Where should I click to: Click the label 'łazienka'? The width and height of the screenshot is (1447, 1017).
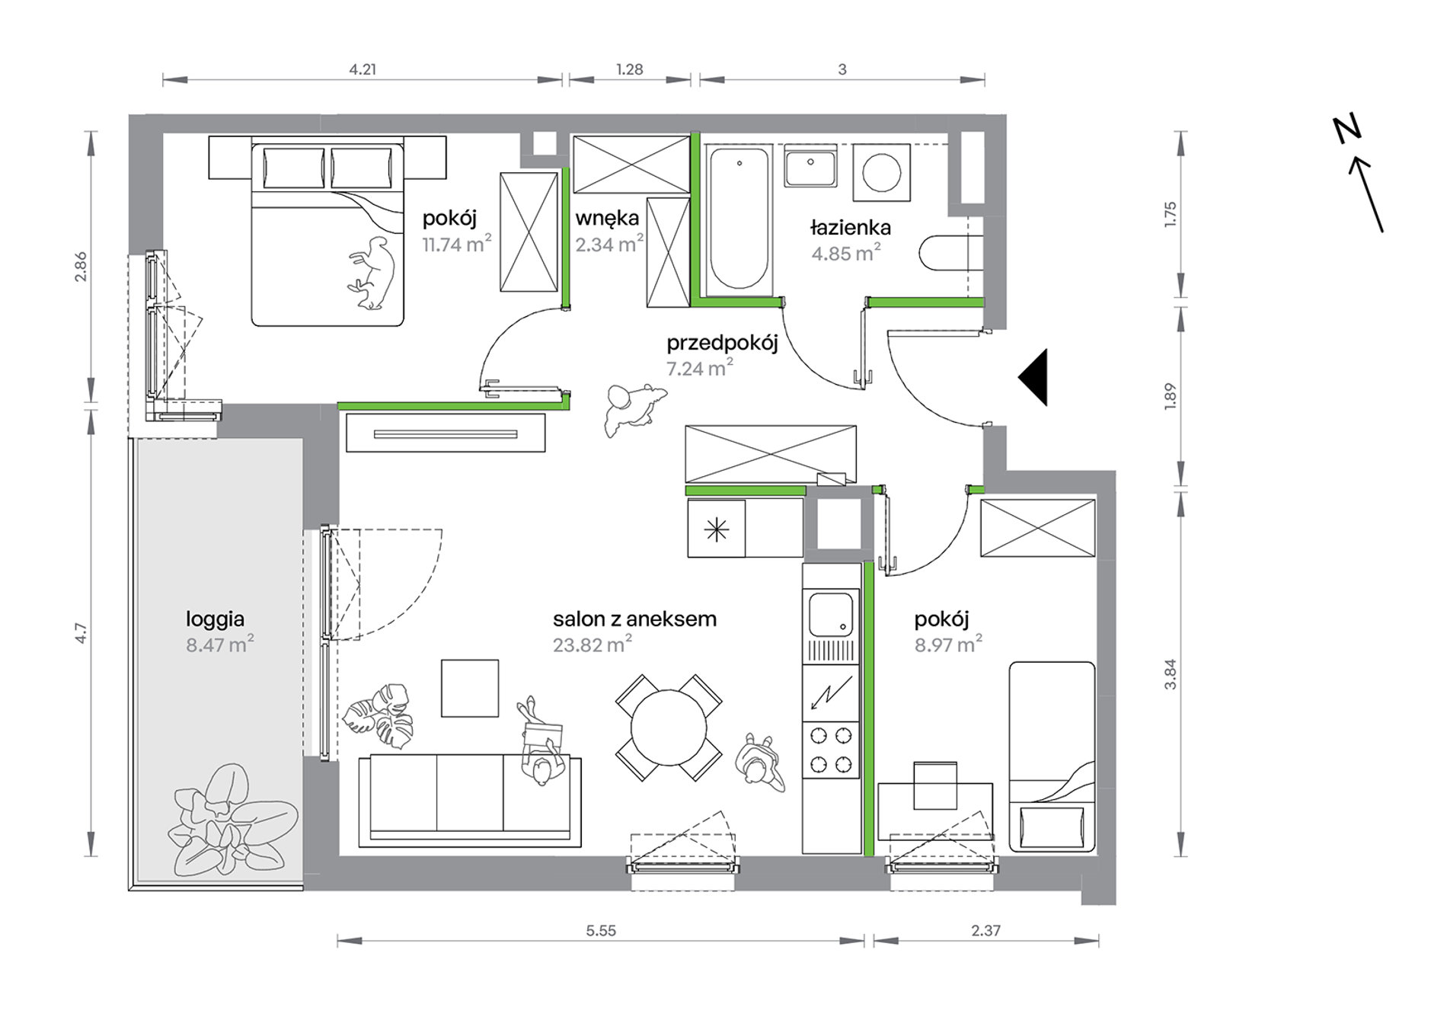(x=850, y=227)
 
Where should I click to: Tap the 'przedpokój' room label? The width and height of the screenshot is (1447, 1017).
(x=722, y=344)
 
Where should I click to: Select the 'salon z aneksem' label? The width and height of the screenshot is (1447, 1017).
(x=634, y=619)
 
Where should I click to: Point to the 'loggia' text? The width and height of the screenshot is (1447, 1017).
(x=215, y=620)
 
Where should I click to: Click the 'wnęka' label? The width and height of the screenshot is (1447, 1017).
(x=607, y=219)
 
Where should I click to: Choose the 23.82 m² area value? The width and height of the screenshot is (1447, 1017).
(x=593, y=645)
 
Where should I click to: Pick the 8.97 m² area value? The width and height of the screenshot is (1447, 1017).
(x=948, y=645)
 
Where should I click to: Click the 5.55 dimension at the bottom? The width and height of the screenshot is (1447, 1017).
(x=601, y=930)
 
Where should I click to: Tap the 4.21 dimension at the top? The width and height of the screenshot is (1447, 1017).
(x=363, y=69)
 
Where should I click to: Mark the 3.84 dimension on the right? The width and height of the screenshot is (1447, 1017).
(x=1171, y=674)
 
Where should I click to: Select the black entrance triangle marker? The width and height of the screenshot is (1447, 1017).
(x=1033, y=377)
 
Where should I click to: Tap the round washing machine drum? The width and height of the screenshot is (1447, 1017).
(x=882, y=173)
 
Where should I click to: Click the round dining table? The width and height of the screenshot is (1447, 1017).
(x=669, y=728)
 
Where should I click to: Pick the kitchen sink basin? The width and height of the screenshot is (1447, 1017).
(x=830, y=615)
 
